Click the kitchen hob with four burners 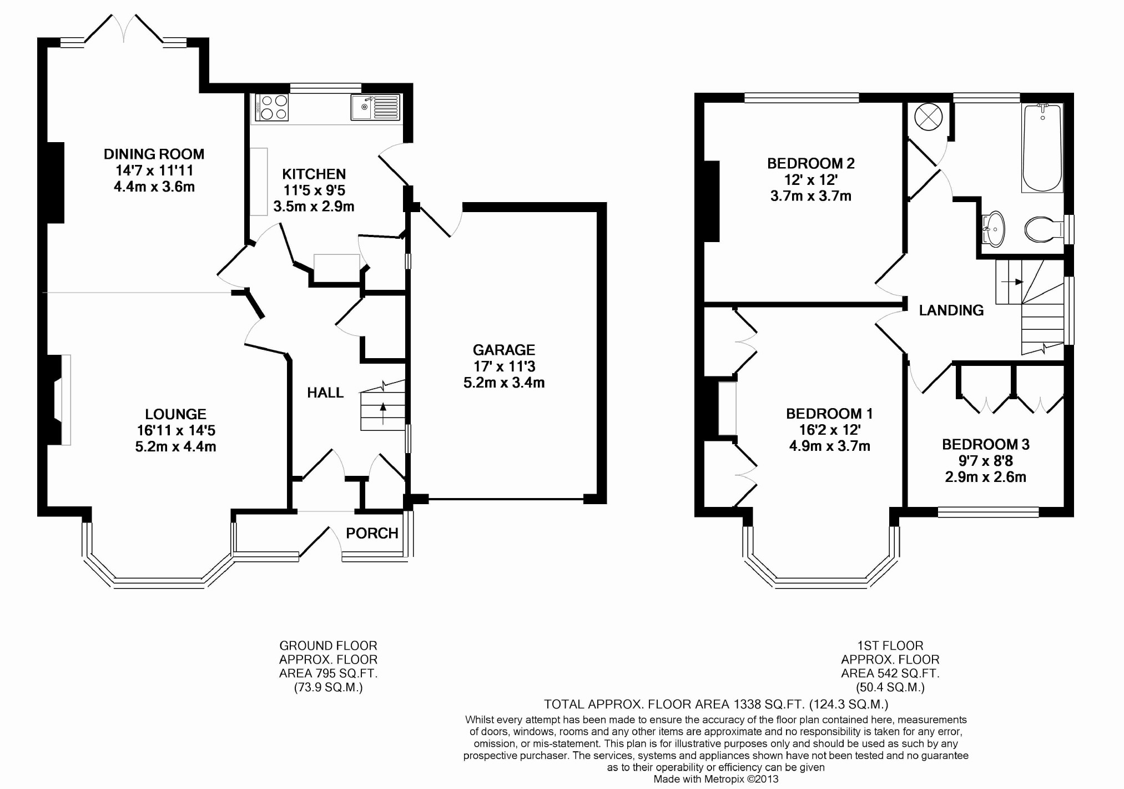272,107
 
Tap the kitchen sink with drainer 375,107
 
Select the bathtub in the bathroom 1042,148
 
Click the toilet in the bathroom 1042,229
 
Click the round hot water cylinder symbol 928,117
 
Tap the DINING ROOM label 154,154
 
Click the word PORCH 372,533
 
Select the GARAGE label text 503,350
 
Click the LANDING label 951,310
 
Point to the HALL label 325,393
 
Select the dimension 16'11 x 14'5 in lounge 176,430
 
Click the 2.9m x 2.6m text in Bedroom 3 985,477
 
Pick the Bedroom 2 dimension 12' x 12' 810,179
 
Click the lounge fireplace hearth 65,400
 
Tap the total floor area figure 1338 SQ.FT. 768,704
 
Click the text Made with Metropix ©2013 715,779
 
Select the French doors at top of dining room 125,31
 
